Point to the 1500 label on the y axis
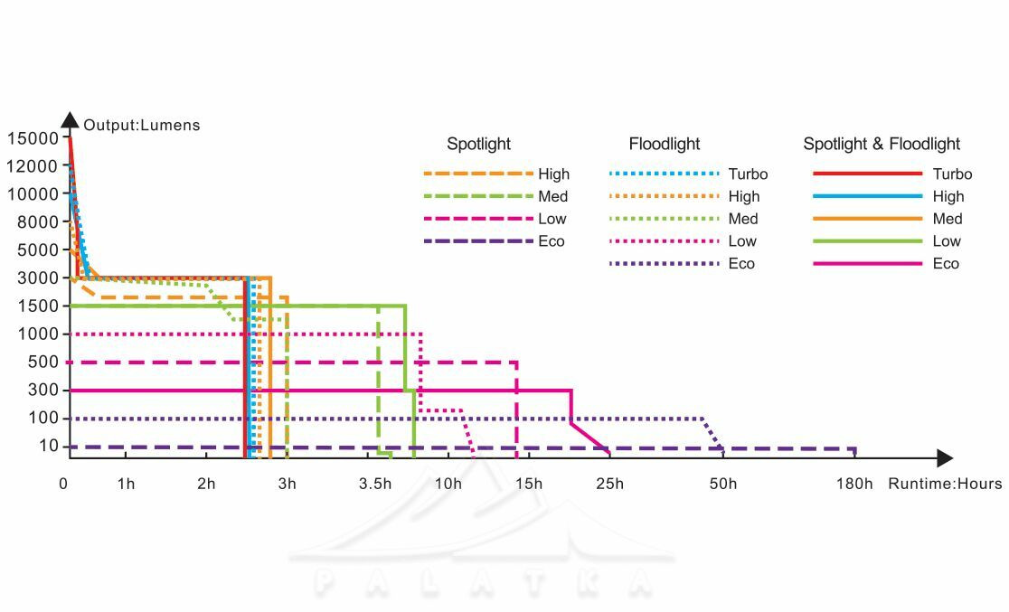click(x=35, y=306)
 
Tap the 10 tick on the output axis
click(x=48, y=447)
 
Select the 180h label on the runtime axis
click(x=854, y=484)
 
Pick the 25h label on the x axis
click(x=609, y=484)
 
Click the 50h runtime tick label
click(x=723, y=484)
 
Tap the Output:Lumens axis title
click(x=142, y=126)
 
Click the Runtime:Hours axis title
click(x=945, y=484)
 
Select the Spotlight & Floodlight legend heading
click(x=882, y=144)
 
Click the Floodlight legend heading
click(x=665, y=144)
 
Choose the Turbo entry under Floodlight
click(x=748, y=174)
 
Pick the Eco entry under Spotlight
click(x=552, y=241)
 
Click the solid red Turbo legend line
click(x=867, y=174)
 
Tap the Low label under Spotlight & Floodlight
click(x=947, y=241)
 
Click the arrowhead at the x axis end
click(x=945, y=458)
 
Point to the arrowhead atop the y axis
click(x=70, y=119)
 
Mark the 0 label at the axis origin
click(x=63, y=484)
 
